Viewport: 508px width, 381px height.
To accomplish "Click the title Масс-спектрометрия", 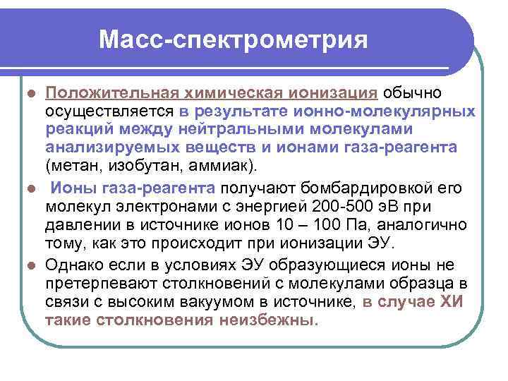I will coord(234,40).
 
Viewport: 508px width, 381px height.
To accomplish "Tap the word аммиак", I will coord(224,166).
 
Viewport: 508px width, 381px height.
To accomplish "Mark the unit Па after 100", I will coord(363,224).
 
